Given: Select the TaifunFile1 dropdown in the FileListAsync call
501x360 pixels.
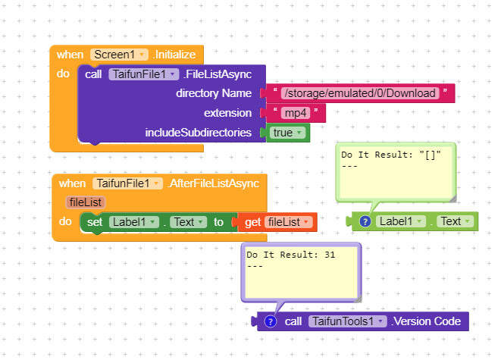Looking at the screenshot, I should pyautogui.click(x=143, y=74).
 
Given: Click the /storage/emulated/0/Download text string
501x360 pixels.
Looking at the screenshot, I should pyautogui.click(x=359, y=93).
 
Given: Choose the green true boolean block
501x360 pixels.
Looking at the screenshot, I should pyautogui.click(x=287, y=133).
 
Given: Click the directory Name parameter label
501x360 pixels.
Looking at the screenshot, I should pyautogui.click(x=214, y=93).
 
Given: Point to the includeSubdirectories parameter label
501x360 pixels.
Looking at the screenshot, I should pyautogui.click(x=198, y=133).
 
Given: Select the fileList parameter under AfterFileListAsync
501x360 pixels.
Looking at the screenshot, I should pyautogui.click(x=84, y=202).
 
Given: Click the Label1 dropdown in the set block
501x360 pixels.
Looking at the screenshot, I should pyautogui.click(x=133, y=222).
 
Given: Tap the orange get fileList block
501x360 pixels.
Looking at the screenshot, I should pyautogui.click(x=277, y=222).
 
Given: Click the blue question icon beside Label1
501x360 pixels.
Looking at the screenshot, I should pyautogui.click(x=365, y=221).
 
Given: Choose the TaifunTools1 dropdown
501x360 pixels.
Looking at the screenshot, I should pyautogui.click(x=346, y=321).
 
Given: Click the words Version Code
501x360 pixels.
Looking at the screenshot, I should pyautogui.click(x=427, y=321).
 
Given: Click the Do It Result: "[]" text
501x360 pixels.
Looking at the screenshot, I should pyautogui.click(x=390, y=155).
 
